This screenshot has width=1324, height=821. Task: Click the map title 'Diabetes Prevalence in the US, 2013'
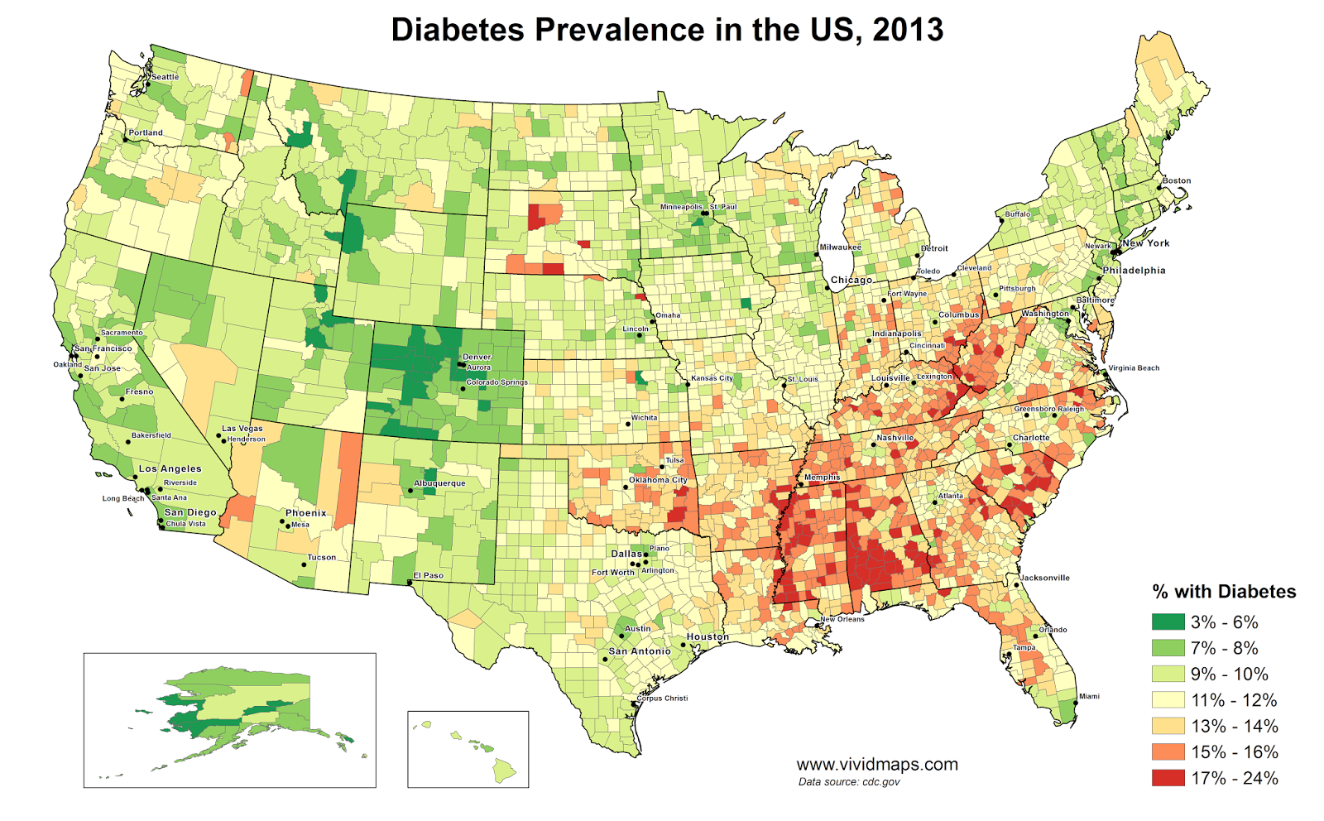[667, 30]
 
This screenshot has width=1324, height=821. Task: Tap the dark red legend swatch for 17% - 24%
[1168, 778]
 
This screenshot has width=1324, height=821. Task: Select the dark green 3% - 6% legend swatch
[1168, 622]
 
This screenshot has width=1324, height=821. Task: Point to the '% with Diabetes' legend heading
[1224, 592]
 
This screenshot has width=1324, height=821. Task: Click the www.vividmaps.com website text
[877, 765]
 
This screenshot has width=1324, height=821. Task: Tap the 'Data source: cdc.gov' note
[849, 782]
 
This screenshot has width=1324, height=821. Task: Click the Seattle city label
[165, 77]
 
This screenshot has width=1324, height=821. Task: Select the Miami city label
[1089, 697]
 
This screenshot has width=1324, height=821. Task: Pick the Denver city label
[477, 358]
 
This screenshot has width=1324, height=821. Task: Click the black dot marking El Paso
[410, 583]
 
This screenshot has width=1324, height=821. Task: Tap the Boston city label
[1176, 180]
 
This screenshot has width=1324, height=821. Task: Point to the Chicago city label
[851, 281]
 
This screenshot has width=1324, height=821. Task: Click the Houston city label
[708, 637]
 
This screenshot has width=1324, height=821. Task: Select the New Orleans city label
[842, 619]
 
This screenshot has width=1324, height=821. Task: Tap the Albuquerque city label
[439, 483]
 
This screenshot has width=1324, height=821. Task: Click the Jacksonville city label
[1044, 578]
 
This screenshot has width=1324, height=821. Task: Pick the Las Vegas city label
[242, 429]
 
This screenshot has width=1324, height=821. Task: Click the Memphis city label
[822, 478]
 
